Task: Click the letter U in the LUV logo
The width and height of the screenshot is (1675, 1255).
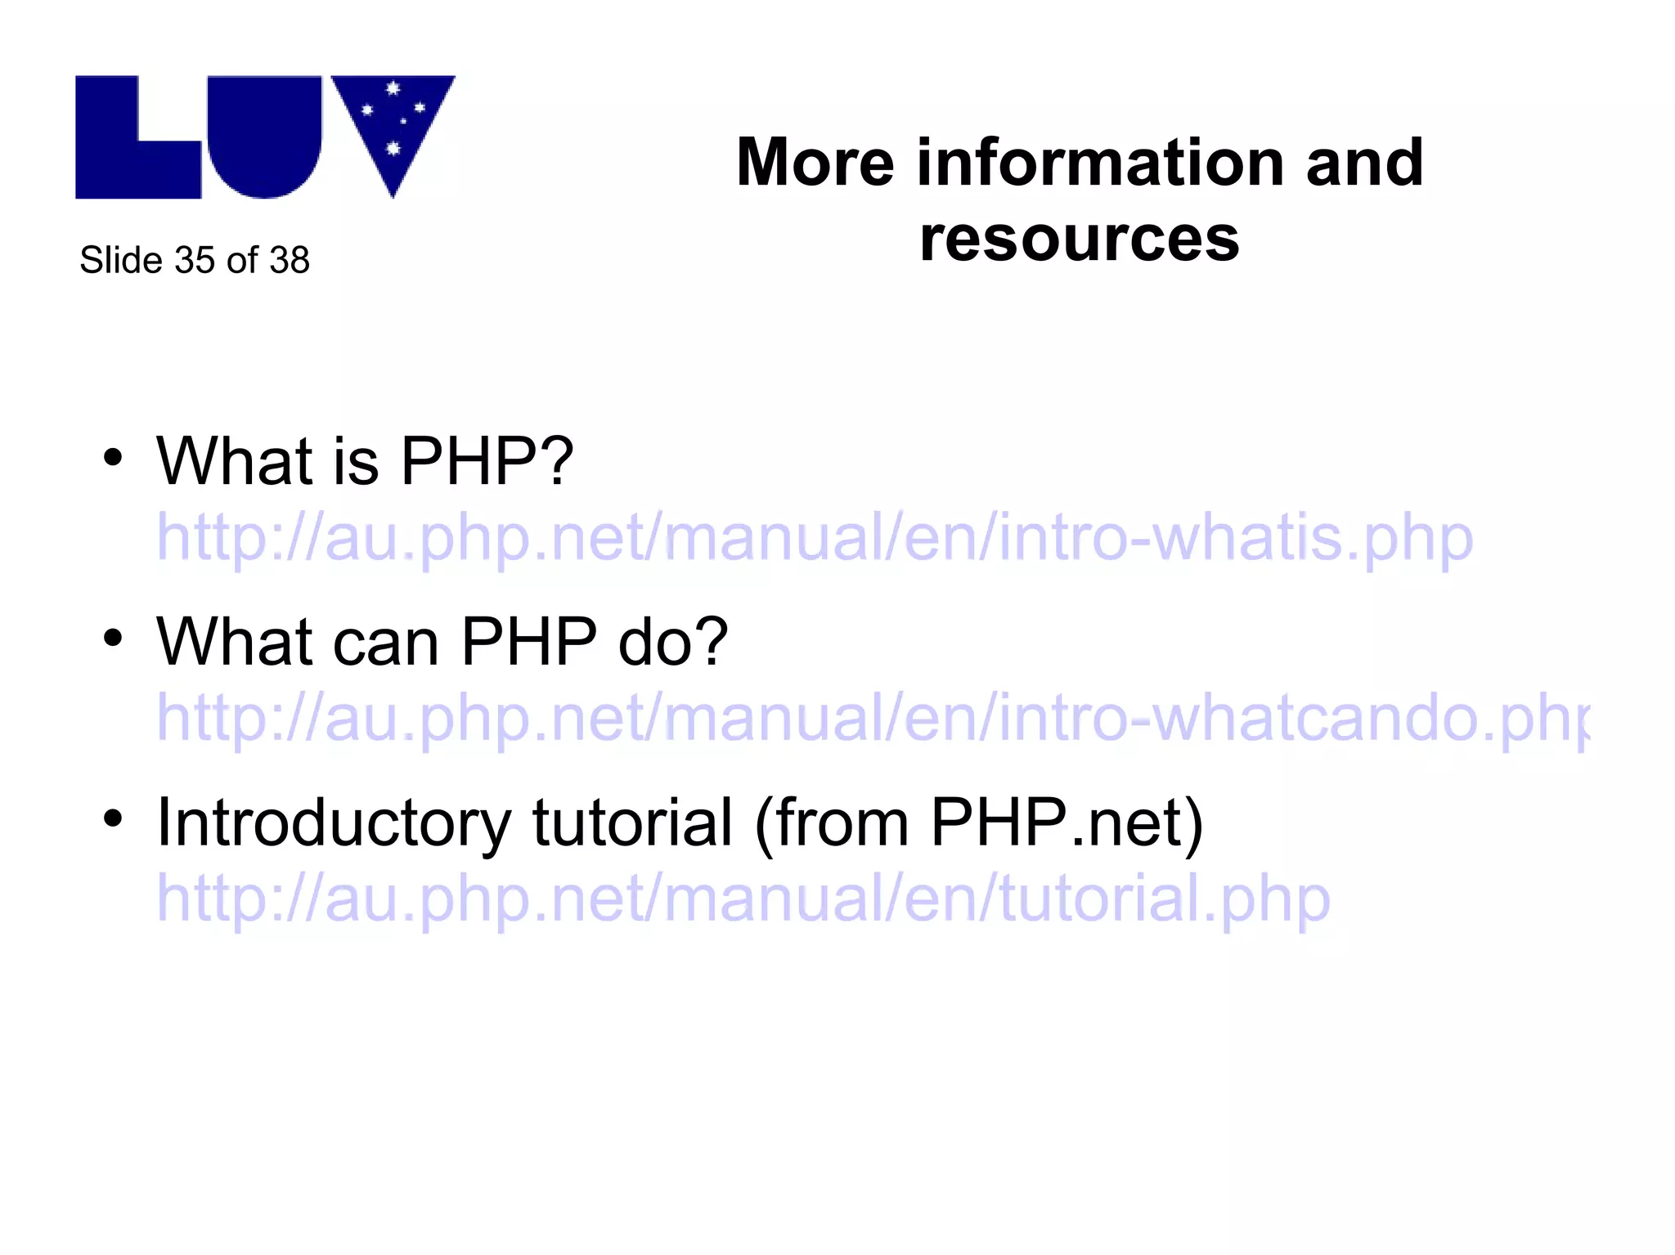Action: (x=263, y=139)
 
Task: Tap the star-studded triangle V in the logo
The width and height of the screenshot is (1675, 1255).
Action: (x=393, y=123)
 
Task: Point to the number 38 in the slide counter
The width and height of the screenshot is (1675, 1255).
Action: (x=290, y=261)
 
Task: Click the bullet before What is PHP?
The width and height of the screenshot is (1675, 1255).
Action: (x=113, y=458)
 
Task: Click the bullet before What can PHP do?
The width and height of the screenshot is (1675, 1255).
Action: (x=113, y=639)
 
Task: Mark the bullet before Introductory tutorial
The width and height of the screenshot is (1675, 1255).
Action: (x=113, y=818)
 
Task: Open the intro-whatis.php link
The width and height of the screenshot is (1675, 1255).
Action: (x=815, y=538)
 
